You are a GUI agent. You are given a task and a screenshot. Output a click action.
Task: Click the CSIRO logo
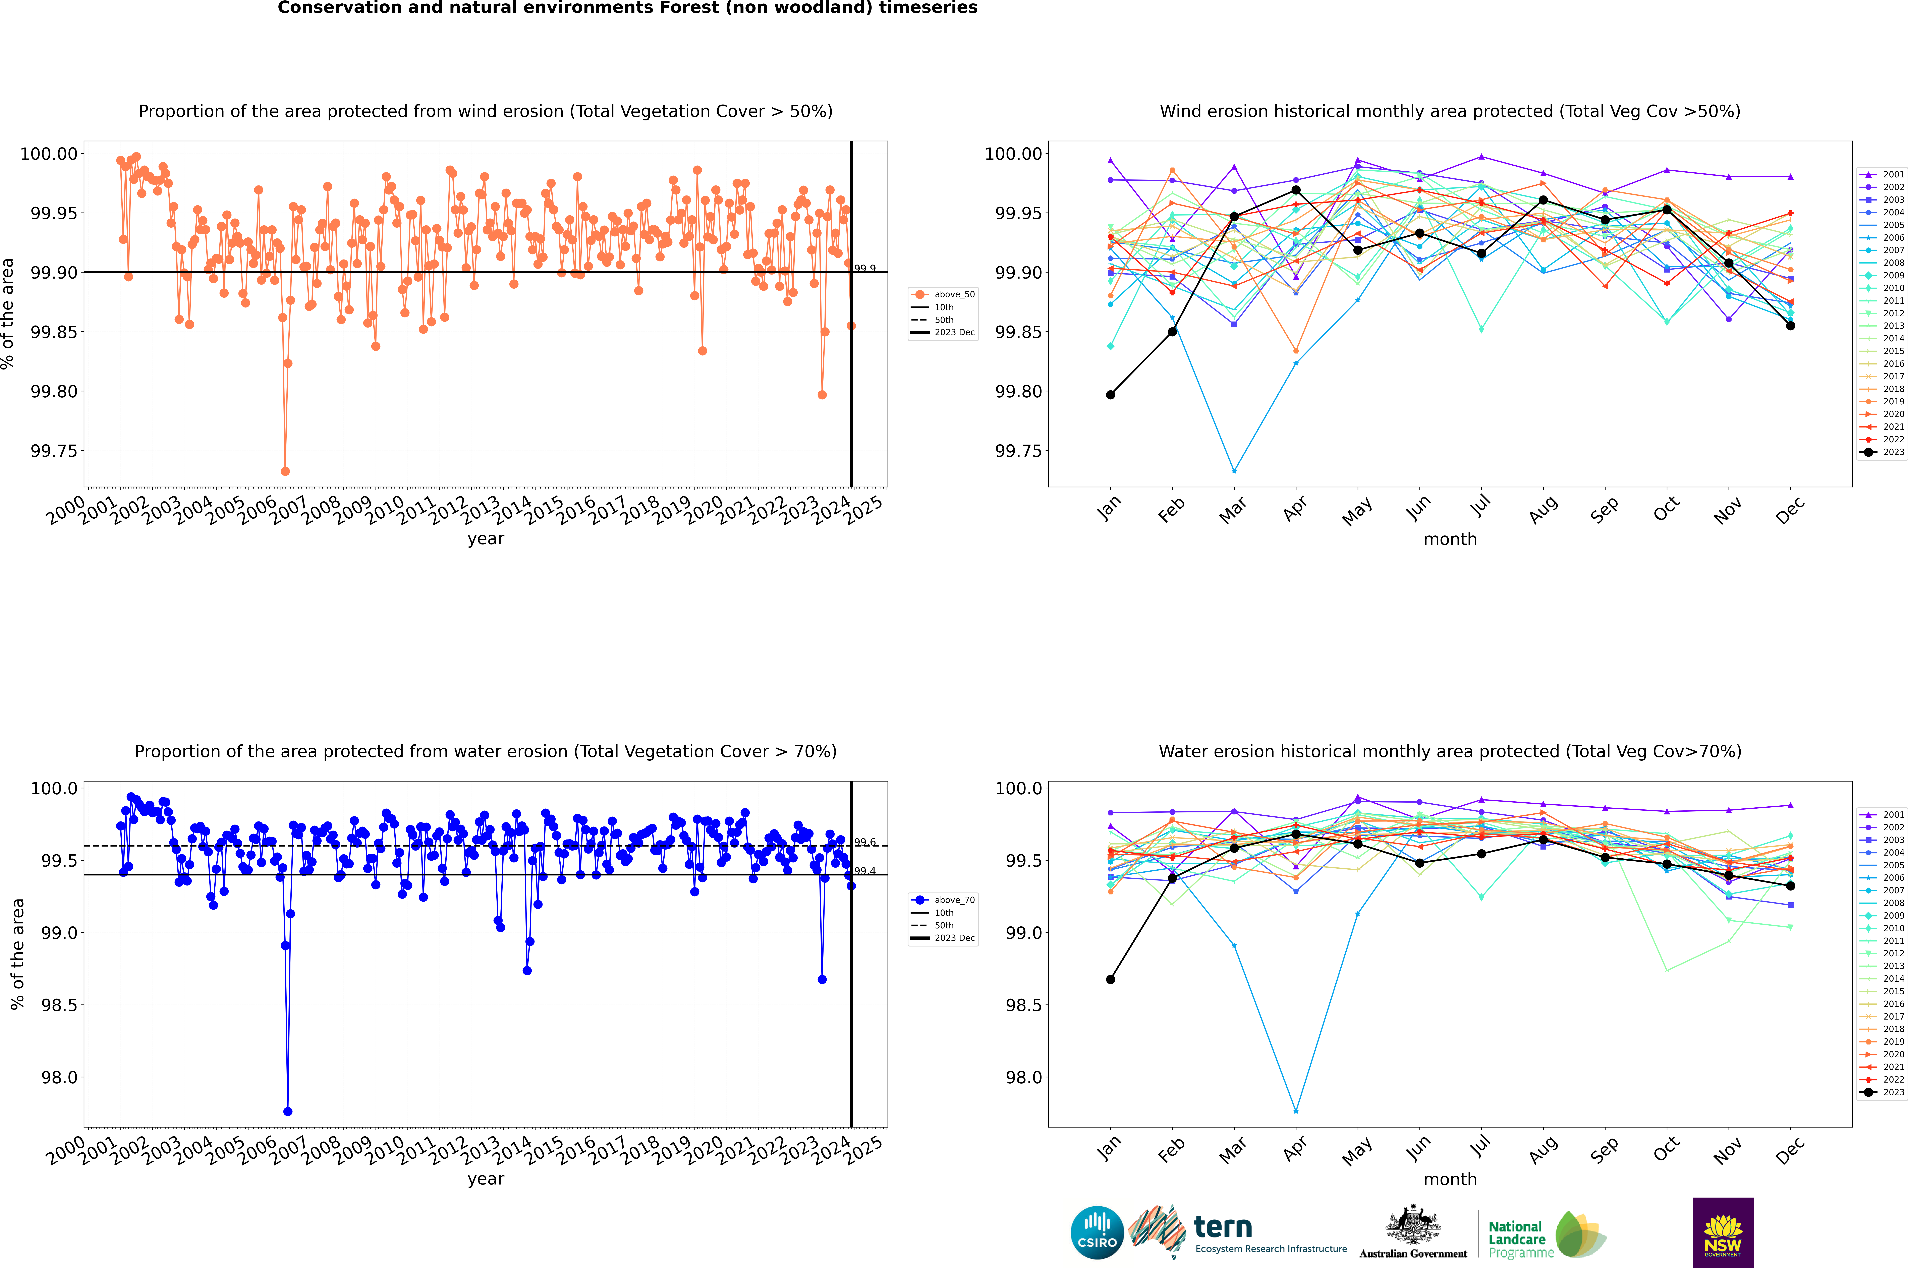pos(1097,1232)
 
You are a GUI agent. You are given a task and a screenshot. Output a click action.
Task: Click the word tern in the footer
pos(1223,1228)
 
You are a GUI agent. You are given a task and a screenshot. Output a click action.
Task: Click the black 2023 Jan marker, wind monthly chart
pos(1111,395)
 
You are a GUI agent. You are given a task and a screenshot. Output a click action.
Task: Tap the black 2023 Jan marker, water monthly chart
pos(1111,979)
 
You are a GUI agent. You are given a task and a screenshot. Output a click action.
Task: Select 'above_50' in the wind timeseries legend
pos(954,294)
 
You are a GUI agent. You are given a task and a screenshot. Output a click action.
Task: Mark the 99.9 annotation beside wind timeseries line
pos(865,269)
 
